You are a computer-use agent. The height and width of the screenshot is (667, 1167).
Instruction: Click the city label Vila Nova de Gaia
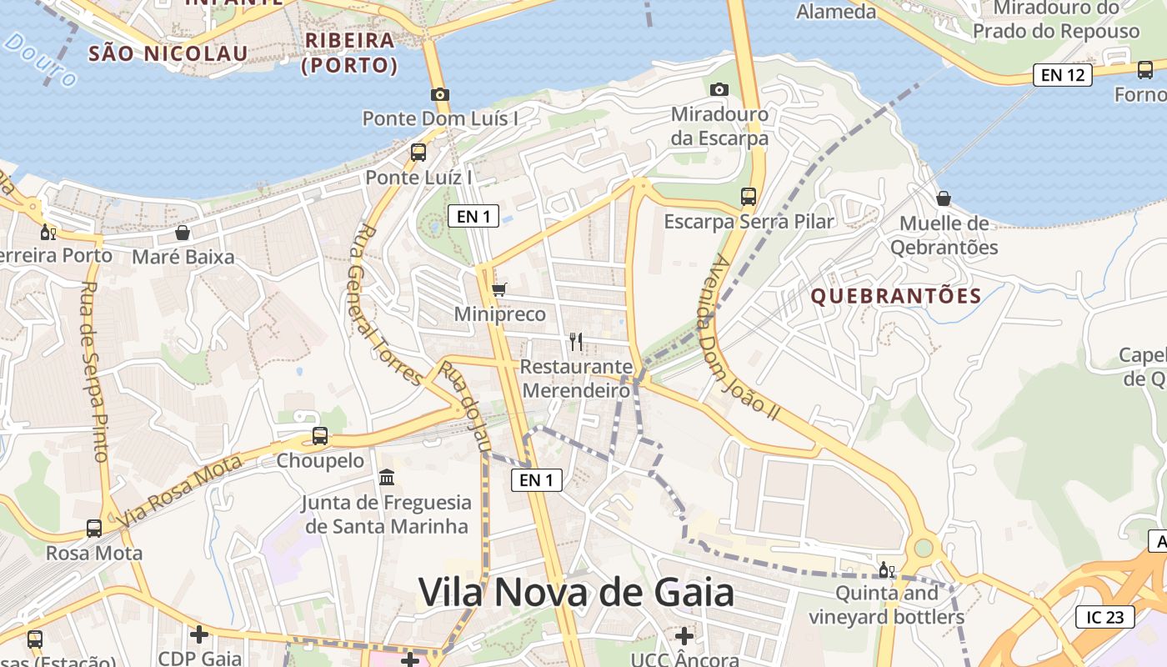pyautogui.click(x=576, y=593)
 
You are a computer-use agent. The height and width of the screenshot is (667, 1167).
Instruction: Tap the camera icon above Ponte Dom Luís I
pyautogui.click(x=440, y=95)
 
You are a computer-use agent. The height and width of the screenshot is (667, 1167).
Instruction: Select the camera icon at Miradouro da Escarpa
pyautogui.click(x=719, y=89)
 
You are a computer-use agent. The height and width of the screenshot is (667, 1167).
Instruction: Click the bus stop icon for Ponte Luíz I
pyautogui.click(x=418, y=153)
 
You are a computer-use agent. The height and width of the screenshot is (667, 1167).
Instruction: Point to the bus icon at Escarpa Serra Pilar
pyautogui.click(x=749, y=197)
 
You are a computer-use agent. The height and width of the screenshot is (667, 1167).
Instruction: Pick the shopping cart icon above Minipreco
pyautogui.click(x=498, y=289)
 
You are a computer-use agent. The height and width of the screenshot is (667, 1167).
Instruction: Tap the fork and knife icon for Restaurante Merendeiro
pyautogui.click(x=576, y=341)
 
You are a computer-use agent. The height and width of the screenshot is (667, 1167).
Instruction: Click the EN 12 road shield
pyautogui.click(x=1062, y=75)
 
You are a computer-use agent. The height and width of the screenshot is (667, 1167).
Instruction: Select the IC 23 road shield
pyautogui.click(x=1105, y=617)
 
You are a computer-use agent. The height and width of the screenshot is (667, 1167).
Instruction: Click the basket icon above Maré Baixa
pyautogui.click(x=183, y=233)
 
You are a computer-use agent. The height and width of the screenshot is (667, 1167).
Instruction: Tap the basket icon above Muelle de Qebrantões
pyautogui.click(x=944, y=198)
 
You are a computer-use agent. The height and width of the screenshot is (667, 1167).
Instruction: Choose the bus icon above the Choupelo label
pyautogui.click(x=320, y=435)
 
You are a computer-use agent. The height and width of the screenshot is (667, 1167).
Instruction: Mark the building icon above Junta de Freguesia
pyautogui.click(x=387, y=478)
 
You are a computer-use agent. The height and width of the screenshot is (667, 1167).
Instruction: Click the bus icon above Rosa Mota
pyautogui.click(x=94, y=528)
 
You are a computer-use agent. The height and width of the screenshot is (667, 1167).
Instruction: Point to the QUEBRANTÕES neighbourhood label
pyautogui.click(x=896, y=296)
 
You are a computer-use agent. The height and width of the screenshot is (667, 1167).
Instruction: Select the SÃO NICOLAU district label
pyautogui.click(x=168, y=54)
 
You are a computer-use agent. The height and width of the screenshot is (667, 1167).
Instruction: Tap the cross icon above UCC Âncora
pyautogui.click(x=684, y=635)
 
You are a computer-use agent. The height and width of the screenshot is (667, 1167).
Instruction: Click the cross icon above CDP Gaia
pyautogui.click(x=199, y=634)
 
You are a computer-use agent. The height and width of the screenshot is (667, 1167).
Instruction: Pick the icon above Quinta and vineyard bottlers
pyautogui.click(x=886, y=570)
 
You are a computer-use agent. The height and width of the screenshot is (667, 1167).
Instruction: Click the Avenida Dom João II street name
pyautogui.click(x=738, y=337)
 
